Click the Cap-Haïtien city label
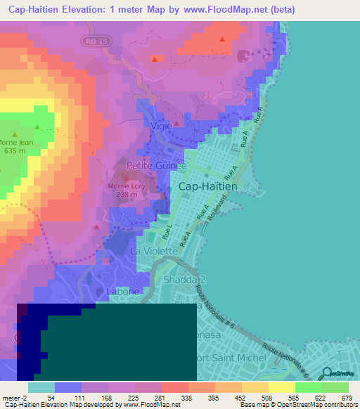210,187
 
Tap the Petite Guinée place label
156,166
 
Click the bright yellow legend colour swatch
282,387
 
